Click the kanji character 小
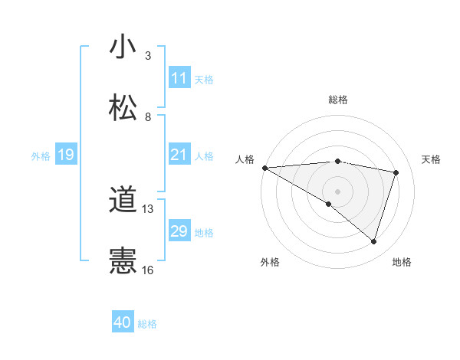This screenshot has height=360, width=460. (123, 47)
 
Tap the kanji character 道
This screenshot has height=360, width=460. (123, 201)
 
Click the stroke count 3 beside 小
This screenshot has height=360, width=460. (148, 56)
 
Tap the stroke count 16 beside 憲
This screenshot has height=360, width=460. (148, 270)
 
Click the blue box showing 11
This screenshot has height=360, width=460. (179, 78)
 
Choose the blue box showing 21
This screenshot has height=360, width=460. (179, 155)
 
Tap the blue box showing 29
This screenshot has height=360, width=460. (179, 231)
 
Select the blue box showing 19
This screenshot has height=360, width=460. (65, 155)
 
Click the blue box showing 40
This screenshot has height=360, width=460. (123, 323)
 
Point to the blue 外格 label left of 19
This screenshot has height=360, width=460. (41, 155)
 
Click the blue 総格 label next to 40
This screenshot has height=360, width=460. (147, 324)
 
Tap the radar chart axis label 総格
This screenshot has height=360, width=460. (338, 100)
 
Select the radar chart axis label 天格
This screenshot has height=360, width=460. (431, 159)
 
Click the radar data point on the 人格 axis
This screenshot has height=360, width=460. (264, 168)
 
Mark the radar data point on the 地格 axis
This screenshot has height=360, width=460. (374, 241)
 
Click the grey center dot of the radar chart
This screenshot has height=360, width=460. (337, 191)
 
